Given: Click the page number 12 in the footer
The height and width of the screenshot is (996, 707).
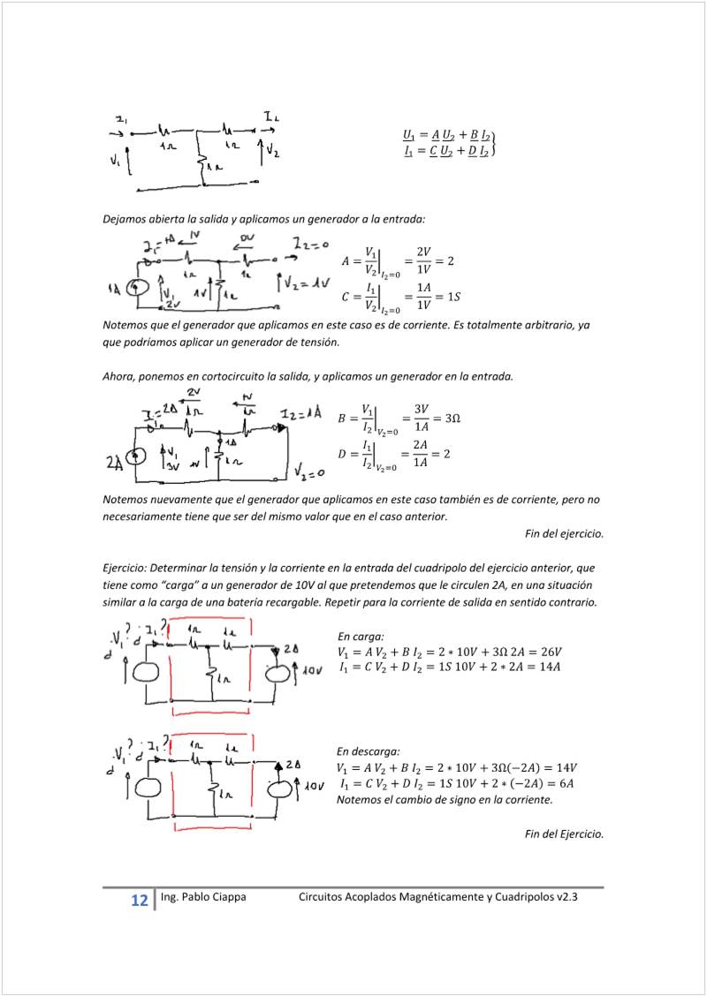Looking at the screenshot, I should (139, 901).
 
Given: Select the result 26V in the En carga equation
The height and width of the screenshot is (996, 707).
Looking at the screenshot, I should (548, 652).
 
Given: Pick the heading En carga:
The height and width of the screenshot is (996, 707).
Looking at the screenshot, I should (361, 636).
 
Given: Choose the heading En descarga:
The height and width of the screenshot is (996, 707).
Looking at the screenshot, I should (369, 751).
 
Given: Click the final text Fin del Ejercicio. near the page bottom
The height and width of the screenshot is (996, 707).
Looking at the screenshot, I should (564, 834).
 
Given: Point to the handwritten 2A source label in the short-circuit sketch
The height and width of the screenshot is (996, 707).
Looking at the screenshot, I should (113, 461).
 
